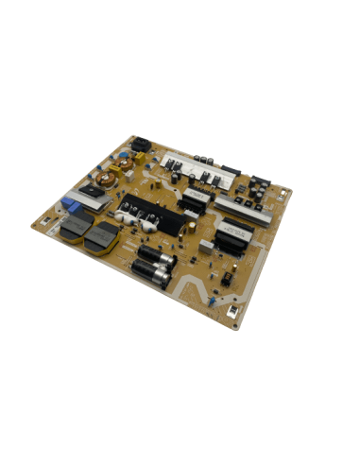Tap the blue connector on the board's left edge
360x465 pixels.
pos(71,201)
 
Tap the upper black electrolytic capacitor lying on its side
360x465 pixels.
pos(152,253)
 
